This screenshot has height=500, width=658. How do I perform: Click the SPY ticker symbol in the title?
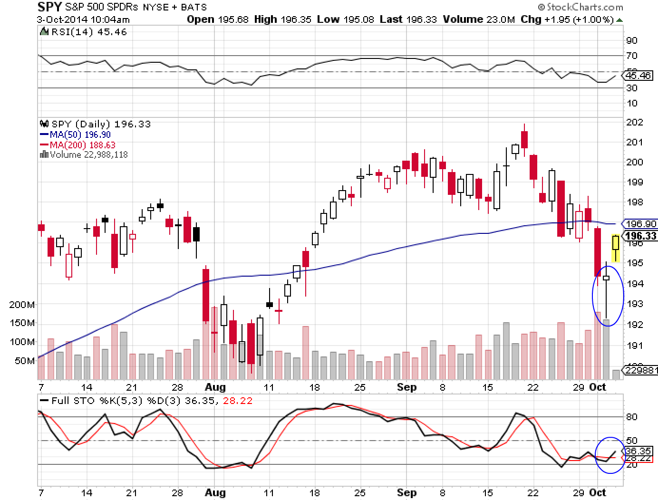pos(49,7)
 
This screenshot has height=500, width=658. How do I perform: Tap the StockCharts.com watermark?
pos(581,7)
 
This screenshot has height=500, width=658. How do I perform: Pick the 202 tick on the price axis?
pos(635,122)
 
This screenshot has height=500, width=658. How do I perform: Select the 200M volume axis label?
pos(22,304)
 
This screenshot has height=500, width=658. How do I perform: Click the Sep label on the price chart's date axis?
pos(406,387)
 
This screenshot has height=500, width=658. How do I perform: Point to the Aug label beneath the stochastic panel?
pos(215,492)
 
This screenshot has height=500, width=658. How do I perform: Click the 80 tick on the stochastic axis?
pos(632,417)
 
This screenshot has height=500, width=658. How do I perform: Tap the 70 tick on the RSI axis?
pos(632,56)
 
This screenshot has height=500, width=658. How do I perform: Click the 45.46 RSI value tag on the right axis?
pos(639,76)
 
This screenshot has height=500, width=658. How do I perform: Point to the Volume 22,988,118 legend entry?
pos(88,154)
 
